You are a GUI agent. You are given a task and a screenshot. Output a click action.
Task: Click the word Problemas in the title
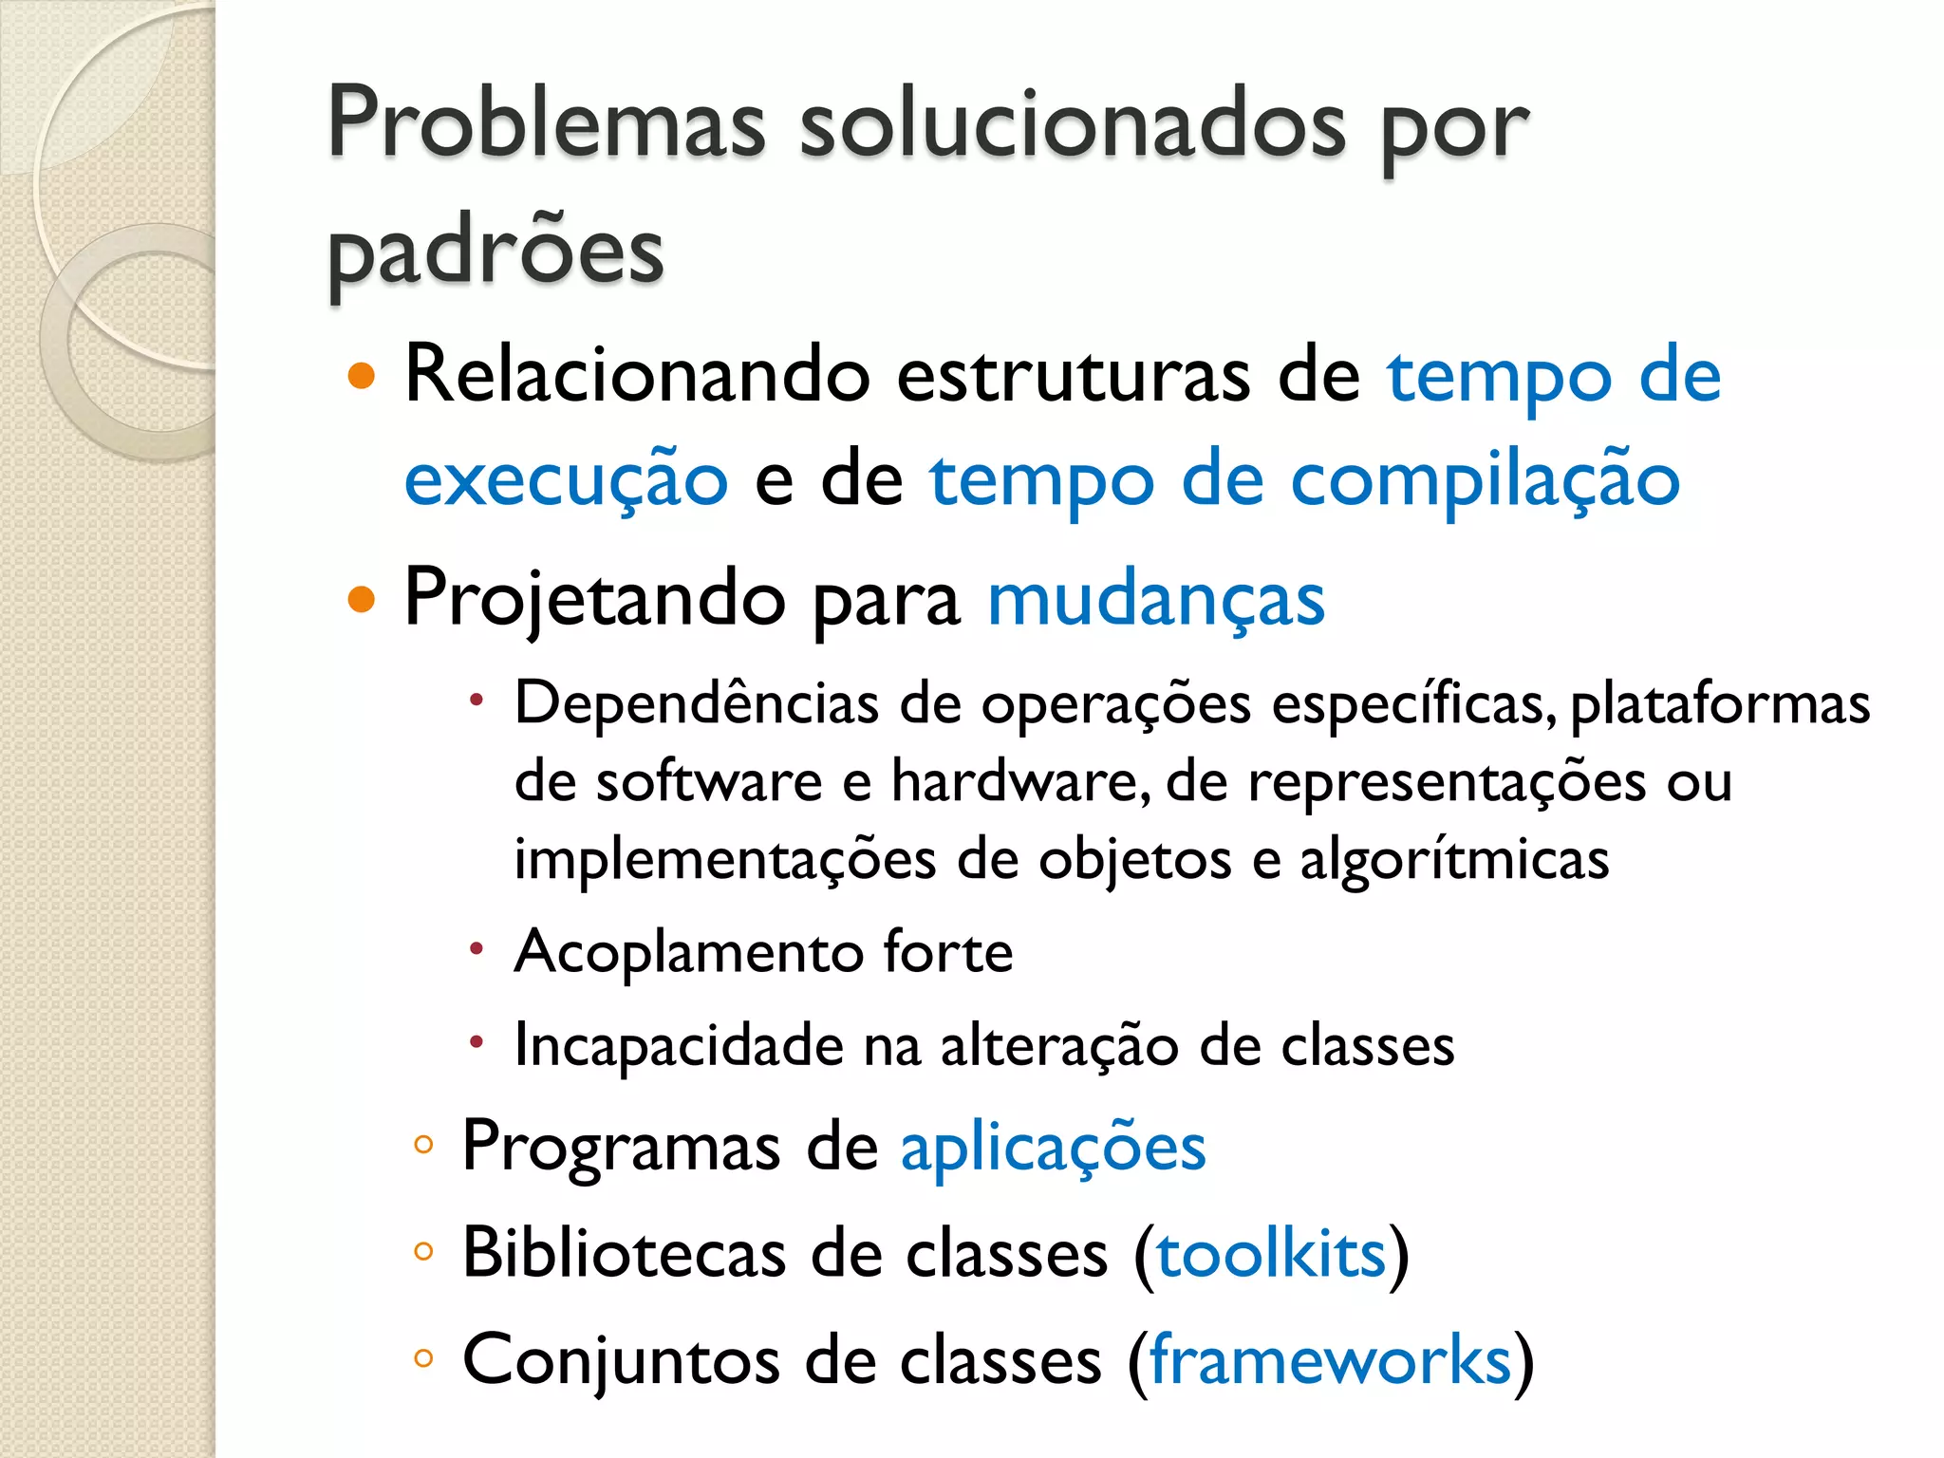click(546, 123)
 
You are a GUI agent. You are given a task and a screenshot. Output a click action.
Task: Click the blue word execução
click(566, 479)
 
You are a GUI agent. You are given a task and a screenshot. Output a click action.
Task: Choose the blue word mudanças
click(1155, 600)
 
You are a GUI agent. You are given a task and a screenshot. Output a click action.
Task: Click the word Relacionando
click(637, 374)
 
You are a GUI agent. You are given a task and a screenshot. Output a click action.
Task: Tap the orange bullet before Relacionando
click(362, 377)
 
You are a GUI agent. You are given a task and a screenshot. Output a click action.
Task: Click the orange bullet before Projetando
click(362, 600)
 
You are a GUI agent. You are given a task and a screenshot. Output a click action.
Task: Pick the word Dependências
click(696, 703)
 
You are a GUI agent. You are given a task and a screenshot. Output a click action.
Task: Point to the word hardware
click(1019, 781)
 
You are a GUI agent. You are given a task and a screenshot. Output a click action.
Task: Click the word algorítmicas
click(1453, 859)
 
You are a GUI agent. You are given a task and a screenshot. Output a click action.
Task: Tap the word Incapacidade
click(679, 1045)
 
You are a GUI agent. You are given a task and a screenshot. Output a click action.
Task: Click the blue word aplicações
click(1053, 1148)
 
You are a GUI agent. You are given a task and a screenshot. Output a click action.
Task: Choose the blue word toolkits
click(1271, 1254)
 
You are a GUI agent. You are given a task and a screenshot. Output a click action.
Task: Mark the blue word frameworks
click(1330, 1360)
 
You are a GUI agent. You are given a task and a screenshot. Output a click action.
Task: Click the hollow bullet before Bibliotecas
click(423, 1252)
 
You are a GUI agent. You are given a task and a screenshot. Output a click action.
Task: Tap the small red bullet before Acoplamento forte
click(477, 949)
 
